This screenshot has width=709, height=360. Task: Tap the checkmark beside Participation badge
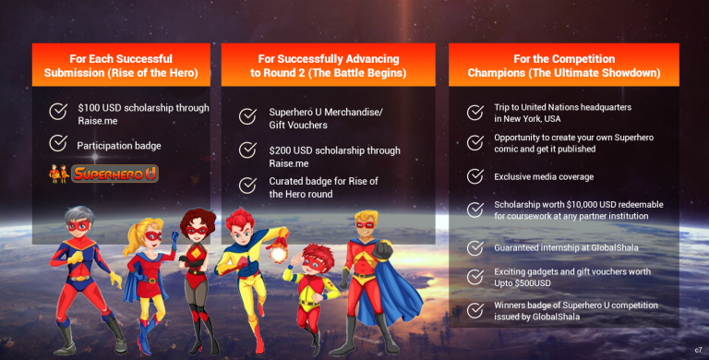coord(58,143)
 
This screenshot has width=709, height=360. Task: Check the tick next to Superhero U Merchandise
coord(247,116)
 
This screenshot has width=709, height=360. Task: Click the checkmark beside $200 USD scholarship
coord(247,150)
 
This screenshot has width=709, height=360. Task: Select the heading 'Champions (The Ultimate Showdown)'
coord(563,73)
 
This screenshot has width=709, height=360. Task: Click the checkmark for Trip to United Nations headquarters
coord(475,113)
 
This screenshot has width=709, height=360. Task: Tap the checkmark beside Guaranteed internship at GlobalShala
coord(475,248)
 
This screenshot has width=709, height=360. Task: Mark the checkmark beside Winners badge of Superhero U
coord(475,311)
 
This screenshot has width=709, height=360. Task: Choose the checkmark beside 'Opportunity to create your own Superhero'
coord(475,142)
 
